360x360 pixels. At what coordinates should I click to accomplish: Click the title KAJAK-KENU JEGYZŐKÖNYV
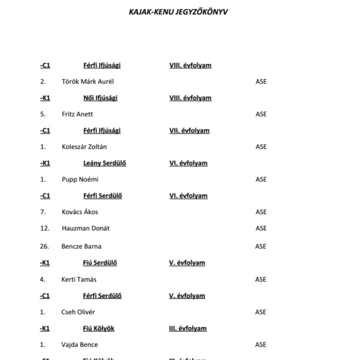pyautogui.click(x=180, y=11)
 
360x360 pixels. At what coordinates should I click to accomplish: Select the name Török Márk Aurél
pyautogui.click(x=88, y=81)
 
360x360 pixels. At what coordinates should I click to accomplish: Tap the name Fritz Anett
pyautogui.click(x=77, y=114)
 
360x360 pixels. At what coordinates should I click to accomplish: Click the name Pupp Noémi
pyautogui.click(x=80, y=179)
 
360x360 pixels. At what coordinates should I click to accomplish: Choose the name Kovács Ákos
pyautogui.click(x=80, y=212)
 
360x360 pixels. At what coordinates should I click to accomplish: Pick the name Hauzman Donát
pyautogui.click(x=85, y=228)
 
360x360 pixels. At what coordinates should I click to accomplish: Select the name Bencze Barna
pyautogui.click(x=81, y=246)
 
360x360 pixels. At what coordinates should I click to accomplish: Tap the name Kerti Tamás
pyautogui.click(x=79, y=279)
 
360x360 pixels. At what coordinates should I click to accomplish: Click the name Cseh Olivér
pyautogui.click(x=79, y=312)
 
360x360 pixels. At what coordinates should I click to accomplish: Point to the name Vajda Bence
pyautogui.click(x=80, y=344)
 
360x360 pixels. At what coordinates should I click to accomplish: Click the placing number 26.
pyautogui.click(x=44, y=246)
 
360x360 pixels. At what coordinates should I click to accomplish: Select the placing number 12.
pyautogui.click(x=44, y=228)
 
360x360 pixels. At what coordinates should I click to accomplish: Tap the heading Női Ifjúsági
pyautogui.click(x=101, y=98)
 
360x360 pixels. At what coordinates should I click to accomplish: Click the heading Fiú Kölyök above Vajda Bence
pyautogui.click(x=98, y=328)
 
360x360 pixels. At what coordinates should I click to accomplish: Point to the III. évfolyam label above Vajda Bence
pyautogui.click(x=188, y=328)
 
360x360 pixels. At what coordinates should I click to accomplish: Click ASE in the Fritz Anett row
pyautogui.click(x=261, y=114)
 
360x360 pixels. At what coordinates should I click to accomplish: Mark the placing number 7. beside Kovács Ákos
pyautogui.click(x=43, y=212)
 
